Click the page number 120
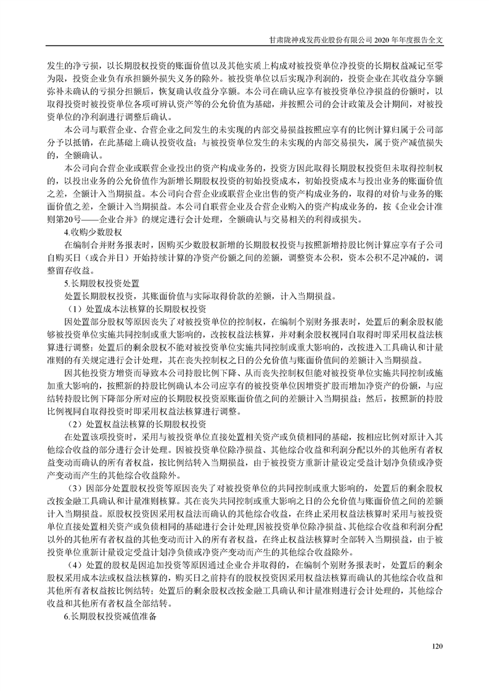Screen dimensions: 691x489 [438, 646]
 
